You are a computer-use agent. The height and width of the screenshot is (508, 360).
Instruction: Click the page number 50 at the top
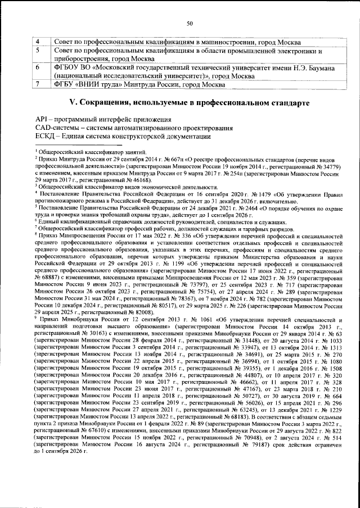190,24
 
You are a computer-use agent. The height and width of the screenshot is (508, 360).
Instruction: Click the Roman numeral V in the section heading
71,103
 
